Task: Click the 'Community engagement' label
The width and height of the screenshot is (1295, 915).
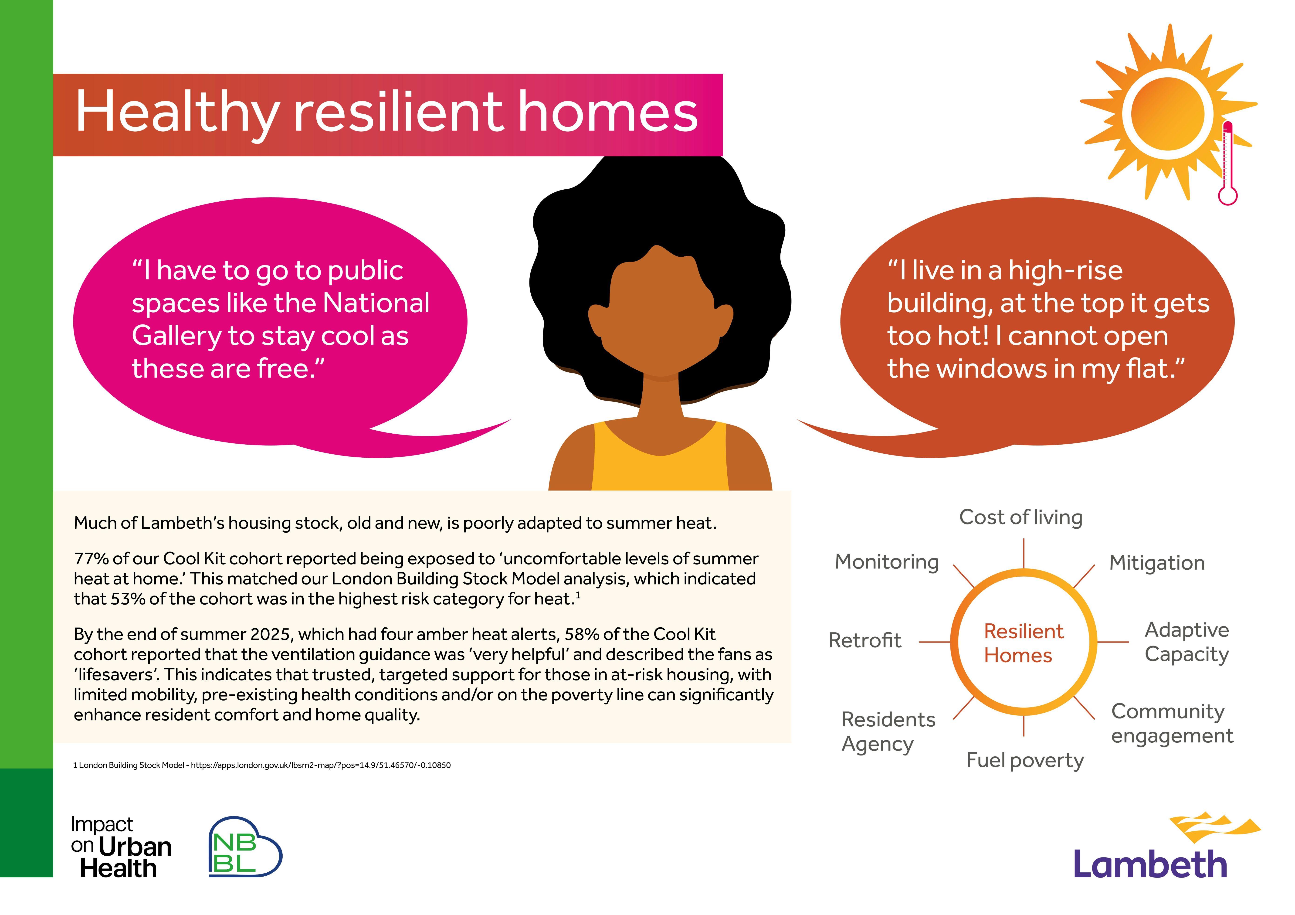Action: coord(1172,724)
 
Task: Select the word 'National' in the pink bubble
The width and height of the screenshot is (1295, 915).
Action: coord(376,303)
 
